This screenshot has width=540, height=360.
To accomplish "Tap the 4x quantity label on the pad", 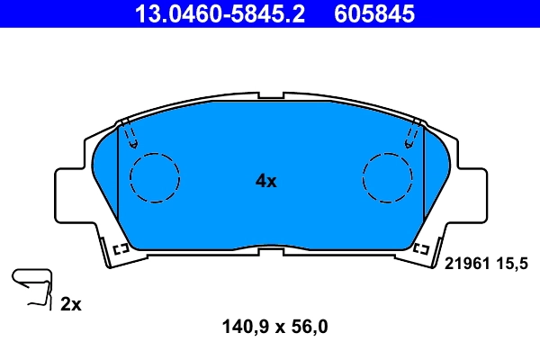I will pos(266,181).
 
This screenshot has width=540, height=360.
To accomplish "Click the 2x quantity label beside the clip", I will pos(71,304).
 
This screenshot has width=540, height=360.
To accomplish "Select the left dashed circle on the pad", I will pos(156,177).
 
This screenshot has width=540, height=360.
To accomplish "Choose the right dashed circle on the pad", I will pos(388,177).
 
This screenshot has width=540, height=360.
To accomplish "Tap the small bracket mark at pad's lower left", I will pos(121,247).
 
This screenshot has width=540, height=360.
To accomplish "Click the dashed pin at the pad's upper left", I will pos(132,135).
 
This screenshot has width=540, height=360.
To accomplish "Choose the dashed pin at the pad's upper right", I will pos(411,135).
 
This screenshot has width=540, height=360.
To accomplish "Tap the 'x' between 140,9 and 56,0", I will pos(278,328).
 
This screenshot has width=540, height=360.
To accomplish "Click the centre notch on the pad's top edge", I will pos(271,96).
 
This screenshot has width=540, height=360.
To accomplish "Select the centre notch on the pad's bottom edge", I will pos(271,246).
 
